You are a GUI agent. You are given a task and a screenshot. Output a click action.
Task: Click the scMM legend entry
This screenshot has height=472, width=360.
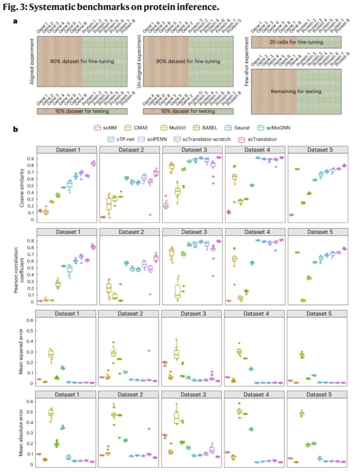coord(106,128)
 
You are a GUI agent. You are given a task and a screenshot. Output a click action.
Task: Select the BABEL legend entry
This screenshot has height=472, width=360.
coord(205,128)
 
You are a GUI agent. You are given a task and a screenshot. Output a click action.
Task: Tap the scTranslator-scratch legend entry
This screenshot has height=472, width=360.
coord(202,139)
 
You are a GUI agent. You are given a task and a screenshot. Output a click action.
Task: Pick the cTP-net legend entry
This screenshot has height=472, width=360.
coord(121,139)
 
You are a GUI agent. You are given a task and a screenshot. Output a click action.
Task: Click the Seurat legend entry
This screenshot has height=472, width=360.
coord(237,128)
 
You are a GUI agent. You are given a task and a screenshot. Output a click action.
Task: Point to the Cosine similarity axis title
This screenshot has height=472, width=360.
coord(22,188)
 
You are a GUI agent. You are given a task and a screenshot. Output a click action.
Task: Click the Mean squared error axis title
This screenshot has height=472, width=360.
coord(21,351)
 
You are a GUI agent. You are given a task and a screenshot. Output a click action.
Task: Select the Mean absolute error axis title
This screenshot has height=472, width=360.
coord(21,433)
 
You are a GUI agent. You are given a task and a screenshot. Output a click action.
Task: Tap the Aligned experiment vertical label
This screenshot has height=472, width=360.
coord(32,61)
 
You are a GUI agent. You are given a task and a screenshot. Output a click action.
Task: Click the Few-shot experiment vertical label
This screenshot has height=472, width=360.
coord(246,61)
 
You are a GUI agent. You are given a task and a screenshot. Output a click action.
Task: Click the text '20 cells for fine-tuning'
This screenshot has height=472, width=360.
coord(296,42)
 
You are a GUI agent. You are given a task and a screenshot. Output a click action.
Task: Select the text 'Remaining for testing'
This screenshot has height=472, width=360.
coord(296,91)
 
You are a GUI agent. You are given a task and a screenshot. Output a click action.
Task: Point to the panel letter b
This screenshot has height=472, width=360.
coord(15,129)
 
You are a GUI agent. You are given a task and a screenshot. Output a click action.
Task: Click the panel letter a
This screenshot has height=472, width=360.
coord(15,21)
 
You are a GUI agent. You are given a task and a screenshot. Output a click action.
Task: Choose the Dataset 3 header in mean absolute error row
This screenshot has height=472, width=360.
coord(193,395)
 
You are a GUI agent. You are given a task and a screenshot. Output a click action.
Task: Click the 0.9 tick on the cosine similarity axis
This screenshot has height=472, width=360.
coord(30,159)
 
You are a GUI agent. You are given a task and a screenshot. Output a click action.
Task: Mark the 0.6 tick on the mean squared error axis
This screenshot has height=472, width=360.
coord(30,320)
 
